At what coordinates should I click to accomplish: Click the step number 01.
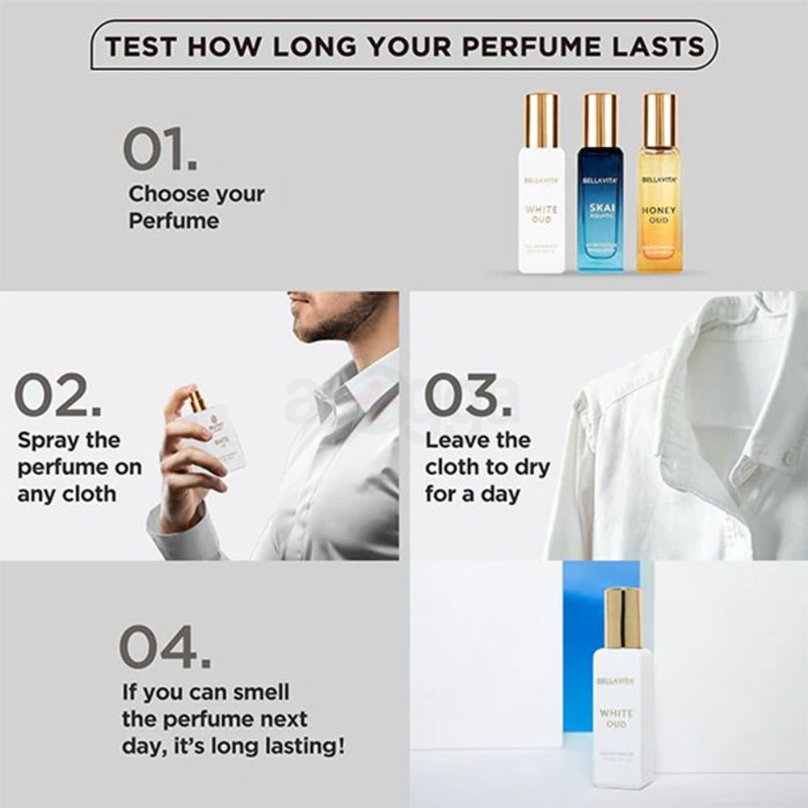click(x=159, y=149)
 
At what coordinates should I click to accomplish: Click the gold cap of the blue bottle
click(x=601, y=120)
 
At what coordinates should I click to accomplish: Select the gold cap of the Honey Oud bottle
click(x=659, y=120)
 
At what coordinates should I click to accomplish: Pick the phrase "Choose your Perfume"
click(x=196, y=207)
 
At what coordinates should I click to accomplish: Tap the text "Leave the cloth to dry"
click(x=486, y=454)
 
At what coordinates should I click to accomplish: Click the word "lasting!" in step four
click(x=293, y=746)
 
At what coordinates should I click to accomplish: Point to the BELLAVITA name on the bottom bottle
click(x=616, y=681)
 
